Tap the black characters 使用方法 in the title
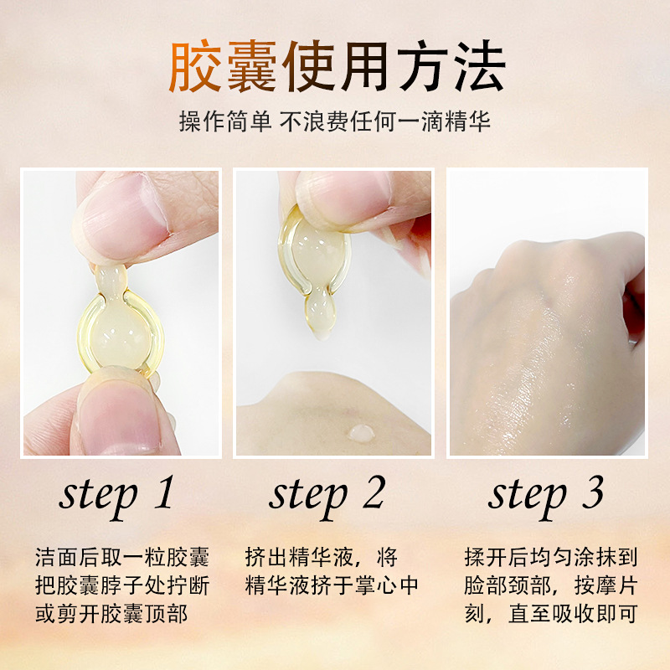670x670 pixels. tap(394, 66)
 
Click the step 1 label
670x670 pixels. tap(117, 494)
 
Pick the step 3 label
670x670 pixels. tap(546, 494)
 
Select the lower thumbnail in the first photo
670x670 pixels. tap(117, 419)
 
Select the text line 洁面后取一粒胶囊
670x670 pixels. tap(122, 558)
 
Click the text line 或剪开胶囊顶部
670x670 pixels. tap(111, 613)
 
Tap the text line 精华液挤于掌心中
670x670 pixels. tap(332, 585)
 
